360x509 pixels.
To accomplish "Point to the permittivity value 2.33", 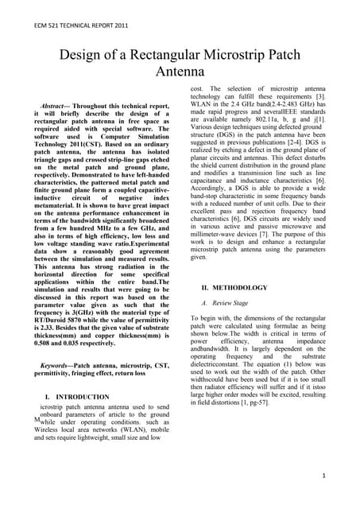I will (50, 305).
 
